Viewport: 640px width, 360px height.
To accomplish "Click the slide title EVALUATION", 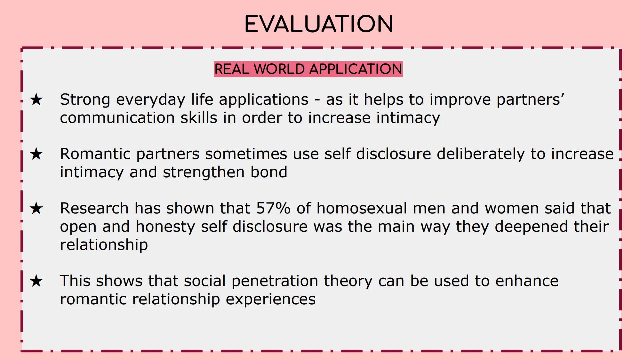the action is [319, 24].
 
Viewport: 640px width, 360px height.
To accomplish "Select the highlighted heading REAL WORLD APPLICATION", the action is [308, 69].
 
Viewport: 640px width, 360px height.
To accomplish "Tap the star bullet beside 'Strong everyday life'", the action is [36, 99].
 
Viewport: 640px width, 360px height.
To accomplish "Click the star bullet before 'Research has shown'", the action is [36, 208].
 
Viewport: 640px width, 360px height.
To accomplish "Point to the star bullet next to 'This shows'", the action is [36, 281].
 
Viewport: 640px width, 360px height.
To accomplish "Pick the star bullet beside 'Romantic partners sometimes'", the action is [36, 154].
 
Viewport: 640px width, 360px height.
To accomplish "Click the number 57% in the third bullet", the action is [273, 208].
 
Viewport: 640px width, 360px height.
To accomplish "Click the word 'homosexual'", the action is [362, 208].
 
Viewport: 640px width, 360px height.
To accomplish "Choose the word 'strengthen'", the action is [204, 172].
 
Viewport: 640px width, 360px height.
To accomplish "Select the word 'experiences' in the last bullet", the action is [271, 299].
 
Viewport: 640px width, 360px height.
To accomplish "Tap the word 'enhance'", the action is [527, 281].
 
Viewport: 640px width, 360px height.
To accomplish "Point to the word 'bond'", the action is [269, 172].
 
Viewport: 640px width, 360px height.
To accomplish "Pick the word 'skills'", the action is [199, 117].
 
